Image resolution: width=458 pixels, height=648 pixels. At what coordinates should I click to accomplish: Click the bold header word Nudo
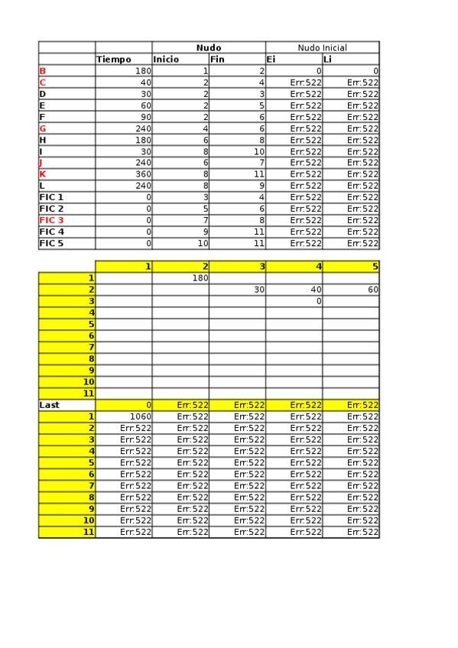pos(209,47)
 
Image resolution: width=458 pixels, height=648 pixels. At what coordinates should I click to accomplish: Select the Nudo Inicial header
pos(322,47)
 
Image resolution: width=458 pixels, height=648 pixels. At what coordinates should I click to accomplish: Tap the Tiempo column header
pos(114,59)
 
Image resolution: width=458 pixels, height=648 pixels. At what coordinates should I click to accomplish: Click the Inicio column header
pos(166,59)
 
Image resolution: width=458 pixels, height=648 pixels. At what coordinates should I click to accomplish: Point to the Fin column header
pos(217,59)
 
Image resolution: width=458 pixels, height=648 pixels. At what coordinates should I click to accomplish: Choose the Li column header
pos(327,59)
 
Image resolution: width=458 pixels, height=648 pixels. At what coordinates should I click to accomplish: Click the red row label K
pos(43,173)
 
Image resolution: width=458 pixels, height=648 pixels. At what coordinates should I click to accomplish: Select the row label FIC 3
pos(52,220)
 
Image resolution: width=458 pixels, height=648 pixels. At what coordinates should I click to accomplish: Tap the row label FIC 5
pos(52,243)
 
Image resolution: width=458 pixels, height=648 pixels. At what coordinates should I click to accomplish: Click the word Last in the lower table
pos(49,405)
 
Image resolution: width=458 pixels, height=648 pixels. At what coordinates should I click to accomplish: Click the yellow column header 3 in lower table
pos(262,266)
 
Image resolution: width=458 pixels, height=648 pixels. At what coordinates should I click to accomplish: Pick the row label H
pos(43,140)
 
